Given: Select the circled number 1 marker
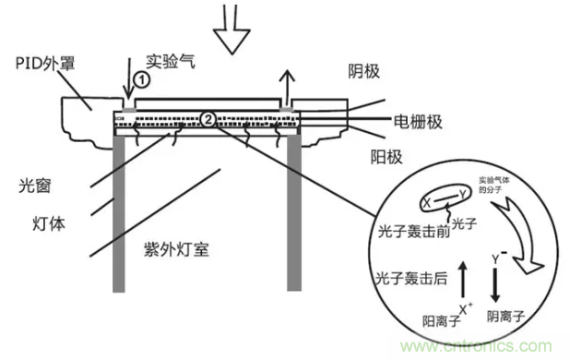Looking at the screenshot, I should pos(141,80).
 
